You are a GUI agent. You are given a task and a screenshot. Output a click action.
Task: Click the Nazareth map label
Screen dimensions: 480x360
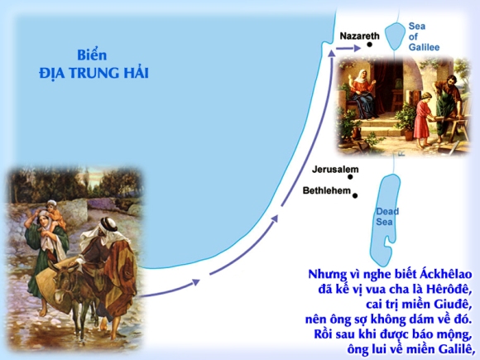pos(360,36)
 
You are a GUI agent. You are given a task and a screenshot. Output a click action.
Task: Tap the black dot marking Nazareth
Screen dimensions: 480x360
pos(369,45)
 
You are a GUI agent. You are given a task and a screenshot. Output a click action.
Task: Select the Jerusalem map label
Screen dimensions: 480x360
pos(335,170)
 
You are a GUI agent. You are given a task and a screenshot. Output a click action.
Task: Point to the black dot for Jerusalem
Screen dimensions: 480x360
pos(350,176)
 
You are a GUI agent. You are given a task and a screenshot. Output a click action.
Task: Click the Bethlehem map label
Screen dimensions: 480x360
pos(327,190)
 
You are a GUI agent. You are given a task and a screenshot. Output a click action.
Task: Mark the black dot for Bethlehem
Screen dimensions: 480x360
pos(355,195)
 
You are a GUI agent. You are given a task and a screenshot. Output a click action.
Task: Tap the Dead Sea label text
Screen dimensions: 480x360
pos(387,217)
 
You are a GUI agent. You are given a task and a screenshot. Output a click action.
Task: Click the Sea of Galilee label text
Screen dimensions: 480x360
pos(424,36)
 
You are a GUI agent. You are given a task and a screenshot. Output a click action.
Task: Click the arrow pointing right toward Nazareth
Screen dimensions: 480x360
pos(348,48)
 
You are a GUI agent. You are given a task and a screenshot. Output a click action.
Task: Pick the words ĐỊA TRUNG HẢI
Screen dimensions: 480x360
pos(94,73)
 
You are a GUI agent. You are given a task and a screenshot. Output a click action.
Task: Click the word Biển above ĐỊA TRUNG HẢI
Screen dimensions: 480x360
pos(92,55)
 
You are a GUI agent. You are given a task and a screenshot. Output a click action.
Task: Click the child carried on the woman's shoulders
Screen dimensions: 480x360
pos(55,214)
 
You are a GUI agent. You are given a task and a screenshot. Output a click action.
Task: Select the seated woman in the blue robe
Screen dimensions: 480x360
pos(363,95)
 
